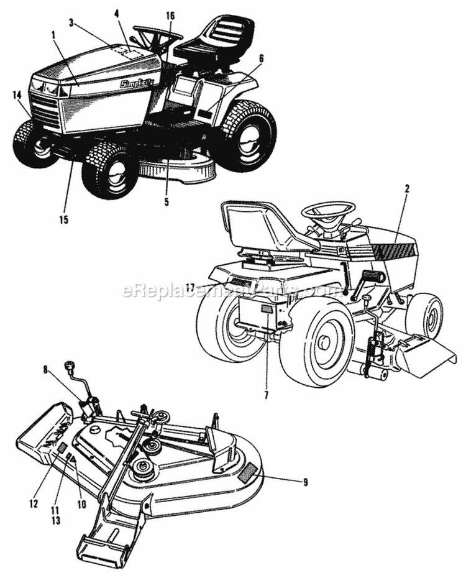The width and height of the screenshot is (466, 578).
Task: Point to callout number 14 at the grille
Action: pyautogui.click(x=16, y=95)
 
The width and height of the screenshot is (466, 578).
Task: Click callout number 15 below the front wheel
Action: pyautogui.click(x=64, y=219)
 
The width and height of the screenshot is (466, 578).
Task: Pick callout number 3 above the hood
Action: pyautogui.click(x=71, y=22)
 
